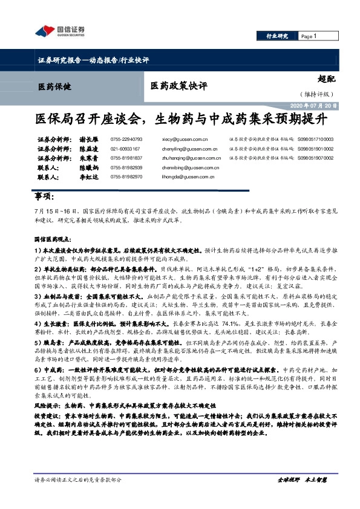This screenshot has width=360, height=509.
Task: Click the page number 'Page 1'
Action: click(x=309, y=36)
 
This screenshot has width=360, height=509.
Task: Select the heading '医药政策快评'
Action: click(x=175, y=86)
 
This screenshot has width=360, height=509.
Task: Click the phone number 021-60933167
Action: click(x=125, y=148)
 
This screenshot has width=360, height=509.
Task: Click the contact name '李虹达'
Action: click(x=90, y=177)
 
